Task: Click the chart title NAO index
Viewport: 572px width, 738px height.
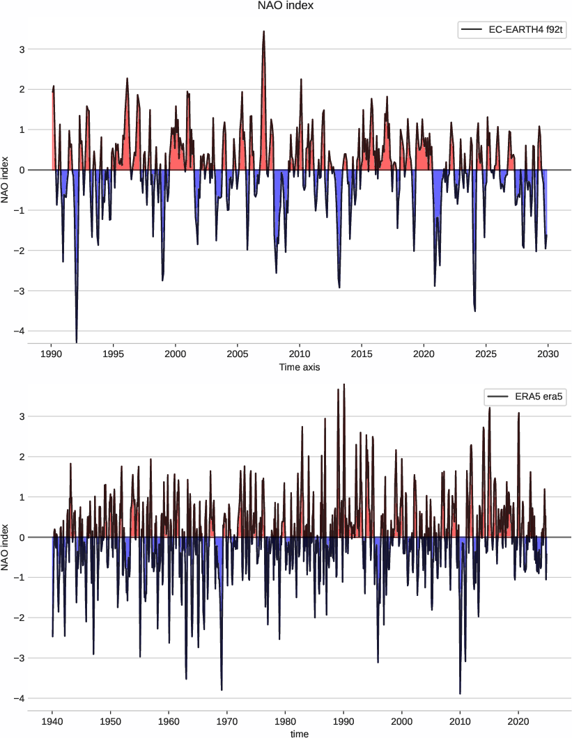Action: click(286, 6)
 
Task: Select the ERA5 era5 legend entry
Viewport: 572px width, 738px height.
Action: click(519, 398)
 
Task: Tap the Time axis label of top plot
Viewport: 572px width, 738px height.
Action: click(300, 367)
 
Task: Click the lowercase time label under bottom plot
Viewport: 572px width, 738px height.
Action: click(300, 733)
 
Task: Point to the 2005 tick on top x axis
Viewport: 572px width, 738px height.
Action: click(238, 354)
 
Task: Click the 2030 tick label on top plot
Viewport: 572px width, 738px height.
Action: click(548, 354)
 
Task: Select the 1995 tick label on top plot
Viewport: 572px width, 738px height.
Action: click(114, 354)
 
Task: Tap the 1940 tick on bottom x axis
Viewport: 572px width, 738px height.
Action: click(52, 721)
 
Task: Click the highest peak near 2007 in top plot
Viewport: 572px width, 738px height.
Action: click(263, 31)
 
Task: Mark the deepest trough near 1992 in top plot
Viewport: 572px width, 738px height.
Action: click(77, 342)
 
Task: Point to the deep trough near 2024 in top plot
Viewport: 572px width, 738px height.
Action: click(475, 311)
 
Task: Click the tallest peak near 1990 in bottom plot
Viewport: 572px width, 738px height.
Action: click(344, 384)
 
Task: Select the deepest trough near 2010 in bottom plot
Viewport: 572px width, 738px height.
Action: click(460, 693)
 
